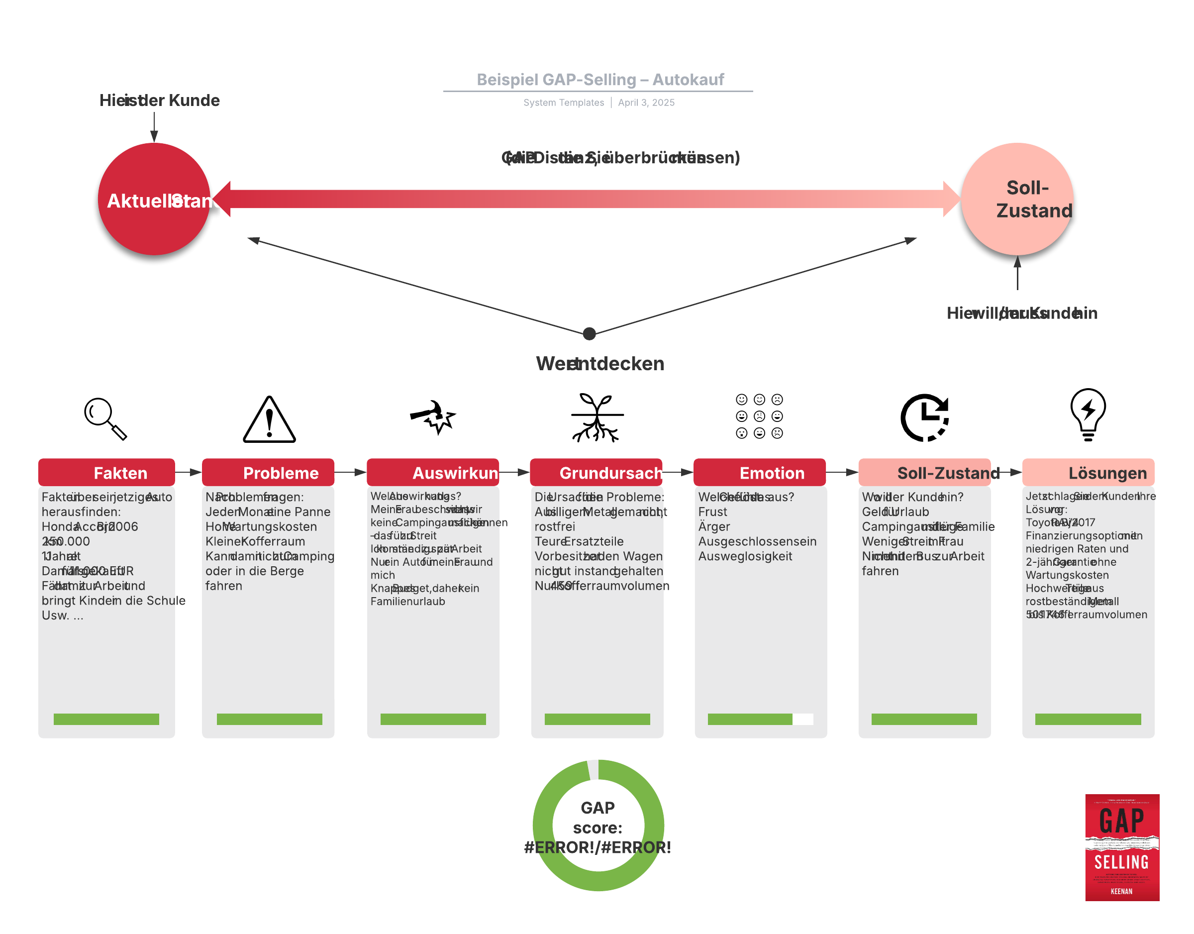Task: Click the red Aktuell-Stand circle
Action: (x=154, y=199)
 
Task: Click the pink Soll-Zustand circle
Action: (x=1017, y=199)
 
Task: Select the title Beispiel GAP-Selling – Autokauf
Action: (x=599, y=80)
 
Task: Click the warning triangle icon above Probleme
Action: (x=269, y=420)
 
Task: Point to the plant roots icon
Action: (x=597, y=417)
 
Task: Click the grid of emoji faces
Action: (x=759, y=416)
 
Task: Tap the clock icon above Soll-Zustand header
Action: (x=924, y=417)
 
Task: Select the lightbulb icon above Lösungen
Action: (x=1088, y=415)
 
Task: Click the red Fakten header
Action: (x=106, y=472)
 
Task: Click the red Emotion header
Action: (x=759, y=472)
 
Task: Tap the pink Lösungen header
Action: (x=1088, y=472)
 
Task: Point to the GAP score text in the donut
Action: (x=597, y=827)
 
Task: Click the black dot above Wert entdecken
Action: (x=590, y=333)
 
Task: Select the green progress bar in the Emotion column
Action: (x=750, y=719)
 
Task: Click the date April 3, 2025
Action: (x=646, y=103)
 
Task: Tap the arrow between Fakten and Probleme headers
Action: (x=188, y=472)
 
